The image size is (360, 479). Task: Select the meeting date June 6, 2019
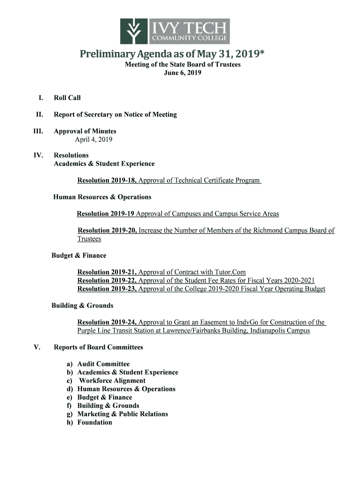click(x=182, y=73)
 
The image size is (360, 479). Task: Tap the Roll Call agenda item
click(x=67, y=98)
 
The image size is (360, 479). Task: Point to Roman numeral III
click(x=39, y=131)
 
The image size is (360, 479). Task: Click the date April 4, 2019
click(x=94, y=140)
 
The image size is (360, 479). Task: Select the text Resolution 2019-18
click(x=107, y=181)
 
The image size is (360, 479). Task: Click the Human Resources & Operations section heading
click(x=102, y=197)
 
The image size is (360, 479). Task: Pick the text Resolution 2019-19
click(x=106, y=214)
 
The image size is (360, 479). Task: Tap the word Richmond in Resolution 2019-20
click(x=267, y=231)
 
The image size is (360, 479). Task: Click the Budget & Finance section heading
click(x=79, y=255)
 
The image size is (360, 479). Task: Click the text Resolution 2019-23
click(x=107, y=289)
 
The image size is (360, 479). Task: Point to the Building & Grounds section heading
click(x=82, y=305)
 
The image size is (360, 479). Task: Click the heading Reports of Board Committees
click(x=99, y=347)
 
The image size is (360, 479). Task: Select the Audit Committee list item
click(x=103, y=364)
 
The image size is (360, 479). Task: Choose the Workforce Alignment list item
click(x=112, y=381)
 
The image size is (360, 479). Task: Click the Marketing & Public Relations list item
click(x=122, y=414)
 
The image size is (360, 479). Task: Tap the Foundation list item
click(x=95, y=422)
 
